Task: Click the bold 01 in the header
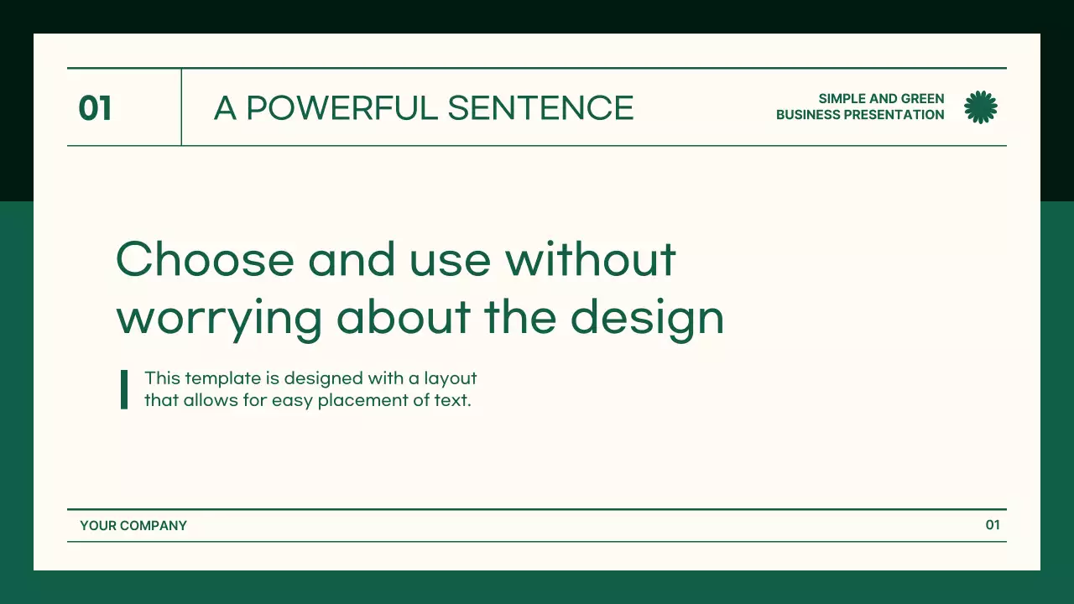coord(95,108)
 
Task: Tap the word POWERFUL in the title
coord(341,108)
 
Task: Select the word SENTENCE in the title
coord(541,108)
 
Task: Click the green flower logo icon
coord(981,107)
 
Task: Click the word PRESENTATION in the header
coord(894,115)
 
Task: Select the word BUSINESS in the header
coord(808,115)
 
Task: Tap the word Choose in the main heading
coord(205,259)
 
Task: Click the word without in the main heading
coord(591,259)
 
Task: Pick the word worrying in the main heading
coord(219,318)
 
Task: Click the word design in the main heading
coord(647,318)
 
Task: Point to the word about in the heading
coord(404,317)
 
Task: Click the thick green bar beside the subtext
coord(124,389)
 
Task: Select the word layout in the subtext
coord(451,379)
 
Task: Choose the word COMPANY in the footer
coord(154,526)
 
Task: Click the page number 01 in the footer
coord(993,525)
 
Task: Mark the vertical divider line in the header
coord(181,107)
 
